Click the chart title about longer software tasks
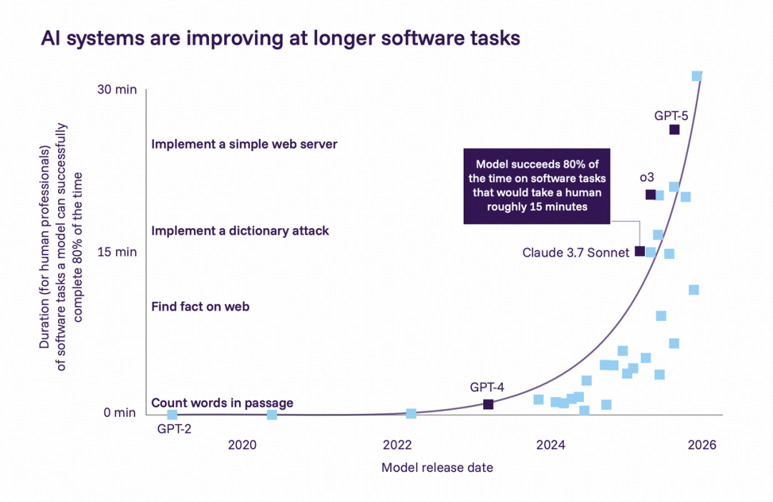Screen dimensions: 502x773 point(281,39)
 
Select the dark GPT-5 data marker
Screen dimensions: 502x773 point(674,129)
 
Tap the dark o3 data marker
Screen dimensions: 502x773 point(651,195)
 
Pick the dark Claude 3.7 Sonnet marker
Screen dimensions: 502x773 point(640,251)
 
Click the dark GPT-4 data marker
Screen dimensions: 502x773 point(488,404)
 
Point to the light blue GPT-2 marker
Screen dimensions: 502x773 point(172,415)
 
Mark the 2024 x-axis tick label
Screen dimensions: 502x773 point(550,445)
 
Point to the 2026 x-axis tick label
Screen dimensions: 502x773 point(702,445)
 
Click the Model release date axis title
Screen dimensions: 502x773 point(437,468)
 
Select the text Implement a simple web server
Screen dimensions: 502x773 point(244,144)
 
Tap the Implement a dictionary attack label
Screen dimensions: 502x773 point(240,231)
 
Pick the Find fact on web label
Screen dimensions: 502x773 point(200,307)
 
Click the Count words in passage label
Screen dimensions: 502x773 point(222,403)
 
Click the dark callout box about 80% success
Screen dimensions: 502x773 point(537,186)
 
